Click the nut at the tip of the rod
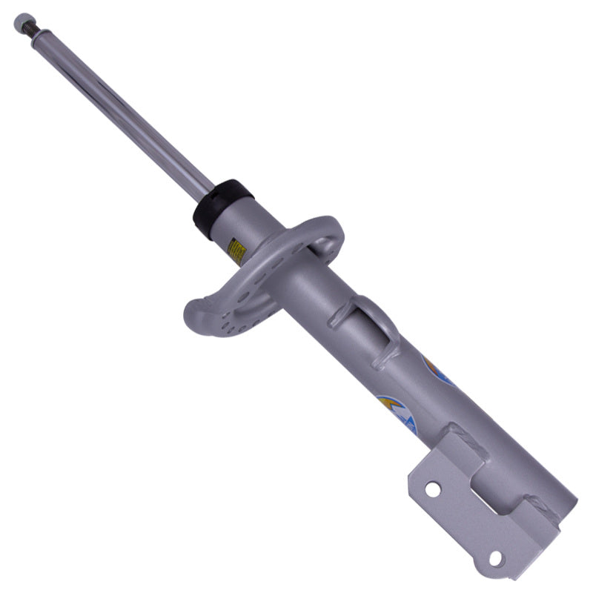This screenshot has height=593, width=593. (21, 21)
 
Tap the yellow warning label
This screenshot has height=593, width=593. (236, 251)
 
